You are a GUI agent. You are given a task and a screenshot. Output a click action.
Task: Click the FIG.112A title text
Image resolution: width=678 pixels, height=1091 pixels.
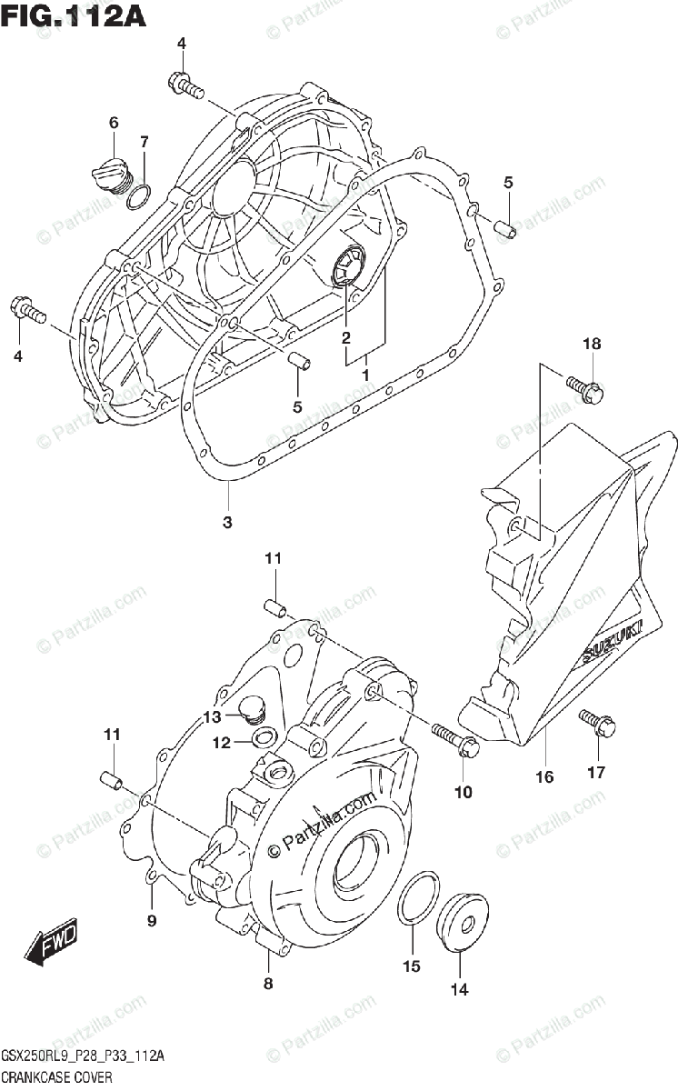coord(75,15)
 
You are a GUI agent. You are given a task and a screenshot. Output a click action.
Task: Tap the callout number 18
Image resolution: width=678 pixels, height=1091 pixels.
coord(592,344)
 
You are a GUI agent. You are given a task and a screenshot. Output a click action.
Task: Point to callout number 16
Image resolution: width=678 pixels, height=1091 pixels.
coord(544,776)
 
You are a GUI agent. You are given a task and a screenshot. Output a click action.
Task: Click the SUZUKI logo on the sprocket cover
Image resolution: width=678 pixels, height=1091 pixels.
coord(612,643)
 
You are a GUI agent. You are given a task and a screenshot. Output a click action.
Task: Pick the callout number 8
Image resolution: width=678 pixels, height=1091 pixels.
coord(268,983)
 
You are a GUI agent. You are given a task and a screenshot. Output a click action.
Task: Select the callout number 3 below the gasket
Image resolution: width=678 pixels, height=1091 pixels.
coord(227,522)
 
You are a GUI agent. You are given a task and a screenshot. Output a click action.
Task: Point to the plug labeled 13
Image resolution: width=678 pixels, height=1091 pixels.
coord(253,710)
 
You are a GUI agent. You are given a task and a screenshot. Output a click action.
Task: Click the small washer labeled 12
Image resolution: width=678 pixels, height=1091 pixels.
coord(262,736)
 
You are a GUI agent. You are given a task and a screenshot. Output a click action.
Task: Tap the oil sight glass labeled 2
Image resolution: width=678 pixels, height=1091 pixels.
coord(346,265)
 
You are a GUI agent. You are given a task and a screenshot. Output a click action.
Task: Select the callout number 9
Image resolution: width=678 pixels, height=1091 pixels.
coord(152,920)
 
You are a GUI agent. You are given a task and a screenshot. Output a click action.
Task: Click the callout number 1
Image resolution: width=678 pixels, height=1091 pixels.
coord(365,374)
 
